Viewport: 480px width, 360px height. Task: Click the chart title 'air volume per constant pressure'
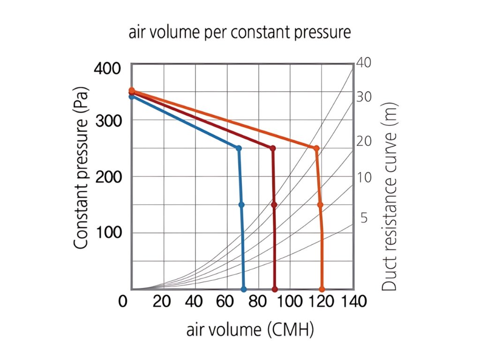240,33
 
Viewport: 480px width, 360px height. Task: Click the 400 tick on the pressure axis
107,69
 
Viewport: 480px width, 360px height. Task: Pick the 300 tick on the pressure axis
107,120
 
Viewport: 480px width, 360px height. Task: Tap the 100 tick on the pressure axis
107,233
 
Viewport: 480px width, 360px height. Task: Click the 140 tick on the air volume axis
351,302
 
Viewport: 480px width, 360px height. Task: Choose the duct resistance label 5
364,218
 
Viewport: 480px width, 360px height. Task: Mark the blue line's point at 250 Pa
239,148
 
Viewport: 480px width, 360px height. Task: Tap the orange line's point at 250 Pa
316,148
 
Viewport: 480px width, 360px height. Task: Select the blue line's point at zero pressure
243,289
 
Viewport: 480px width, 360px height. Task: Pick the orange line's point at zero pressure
322,289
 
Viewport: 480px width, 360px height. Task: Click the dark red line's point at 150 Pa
274,205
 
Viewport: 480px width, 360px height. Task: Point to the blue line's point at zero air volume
132,97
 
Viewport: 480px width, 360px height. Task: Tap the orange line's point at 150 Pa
320,205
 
